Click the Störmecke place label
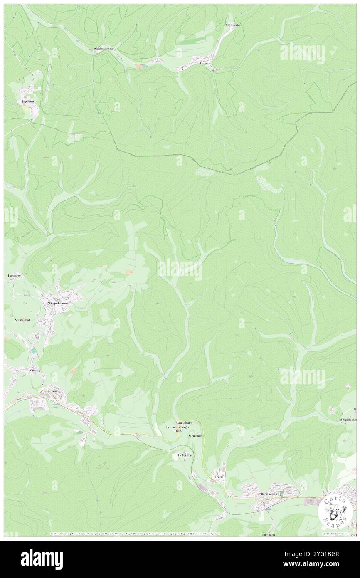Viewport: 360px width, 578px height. pos(233,25)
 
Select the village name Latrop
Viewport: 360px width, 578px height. pos(205,63)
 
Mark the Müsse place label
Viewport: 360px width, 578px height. pos(34,370)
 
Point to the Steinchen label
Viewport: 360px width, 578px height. pos(195,436)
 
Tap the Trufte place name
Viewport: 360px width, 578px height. pos(219,477)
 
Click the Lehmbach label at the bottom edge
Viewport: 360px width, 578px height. pos(268,534)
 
